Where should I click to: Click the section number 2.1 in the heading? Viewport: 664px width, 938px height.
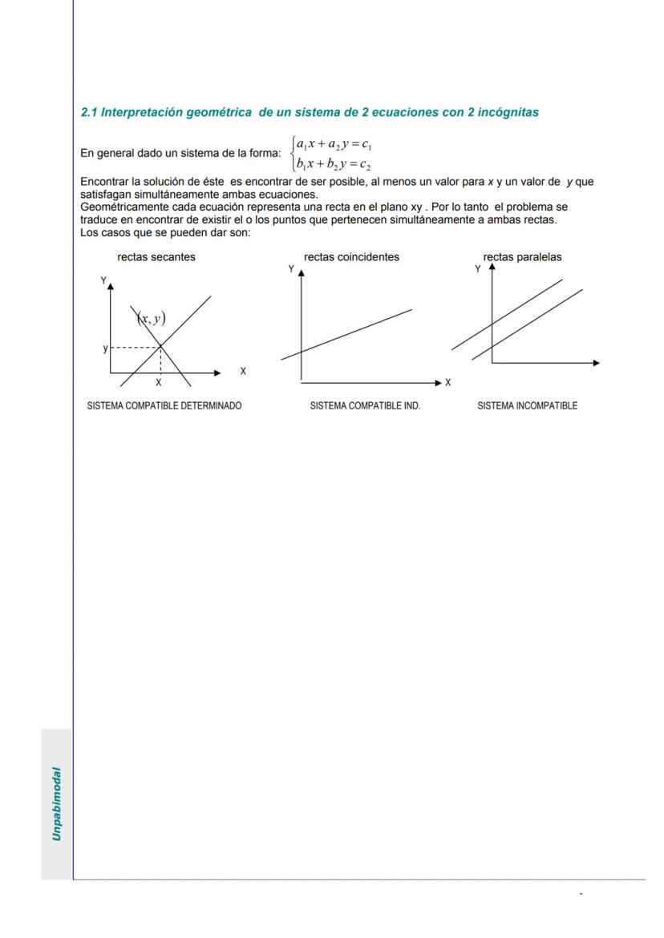(89, 113)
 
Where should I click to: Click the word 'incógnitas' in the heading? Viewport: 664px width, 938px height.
(508, 113)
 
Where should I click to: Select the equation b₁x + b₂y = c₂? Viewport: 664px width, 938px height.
(332, 164)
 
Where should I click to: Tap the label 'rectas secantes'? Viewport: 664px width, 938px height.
(156, 257)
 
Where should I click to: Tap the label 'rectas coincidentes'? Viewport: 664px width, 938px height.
(351, 257)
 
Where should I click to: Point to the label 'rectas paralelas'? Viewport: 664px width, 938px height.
(522, 257)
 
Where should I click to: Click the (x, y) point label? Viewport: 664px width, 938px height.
(151, 319)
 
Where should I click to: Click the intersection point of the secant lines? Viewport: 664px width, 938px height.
(161, 346)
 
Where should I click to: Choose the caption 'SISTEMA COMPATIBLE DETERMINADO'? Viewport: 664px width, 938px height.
(164, 406)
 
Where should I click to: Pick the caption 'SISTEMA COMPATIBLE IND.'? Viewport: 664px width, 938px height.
(365, 406)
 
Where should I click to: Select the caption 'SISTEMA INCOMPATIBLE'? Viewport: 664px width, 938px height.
(527, 406)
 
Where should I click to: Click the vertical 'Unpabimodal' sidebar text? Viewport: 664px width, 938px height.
(57, 804)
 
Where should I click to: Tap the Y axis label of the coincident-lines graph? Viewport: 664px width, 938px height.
(291, 269)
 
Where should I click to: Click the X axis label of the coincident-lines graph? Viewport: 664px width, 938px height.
(448, 383)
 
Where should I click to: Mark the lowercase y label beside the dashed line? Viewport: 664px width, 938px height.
(104, 348)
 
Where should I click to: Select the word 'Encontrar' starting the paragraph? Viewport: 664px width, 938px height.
(103, 182)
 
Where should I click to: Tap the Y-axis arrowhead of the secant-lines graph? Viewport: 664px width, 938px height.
(111, 284)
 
